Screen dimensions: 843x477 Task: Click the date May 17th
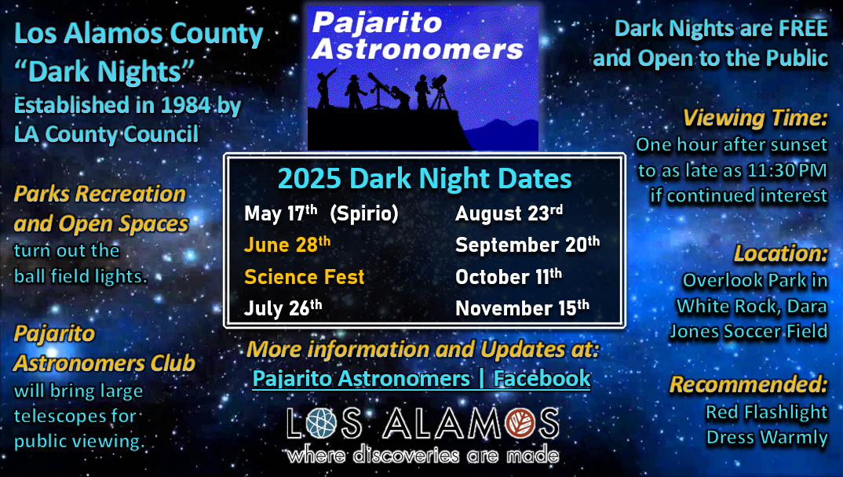(281, 213)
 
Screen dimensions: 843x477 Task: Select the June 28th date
(287, 245)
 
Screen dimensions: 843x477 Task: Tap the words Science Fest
(305, 277)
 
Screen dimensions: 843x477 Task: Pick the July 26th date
(283, 308)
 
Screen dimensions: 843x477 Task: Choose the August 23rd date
(509, 213)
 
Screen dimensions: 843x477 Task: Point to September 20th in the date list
(527, 245)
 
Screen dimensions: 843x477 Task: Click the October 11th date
(509, 277)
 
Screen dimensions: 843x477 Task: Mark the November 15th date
(523, 308)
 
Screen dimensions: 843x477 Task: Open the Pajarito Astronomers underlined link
(361, 379)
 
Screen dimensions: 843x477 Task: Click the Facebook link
(542, 379)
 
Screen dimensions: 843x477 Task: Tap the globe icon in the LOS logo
(322, 423)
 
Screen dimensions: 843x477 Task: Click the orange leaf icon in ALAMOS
(520, 423)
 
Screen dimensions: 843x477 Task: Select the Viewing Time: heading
(755, 118)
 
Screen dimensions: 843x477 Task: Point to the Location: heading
(781, 253)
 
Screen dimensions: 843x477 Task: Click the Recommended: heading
(748, 384)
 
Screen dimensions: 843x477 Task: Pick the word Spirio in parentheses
(364, 214)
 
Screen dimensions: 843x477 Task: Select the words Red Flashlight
(767, 412)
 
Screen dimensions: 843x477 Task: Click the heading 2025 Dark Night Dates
(425, 179)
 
